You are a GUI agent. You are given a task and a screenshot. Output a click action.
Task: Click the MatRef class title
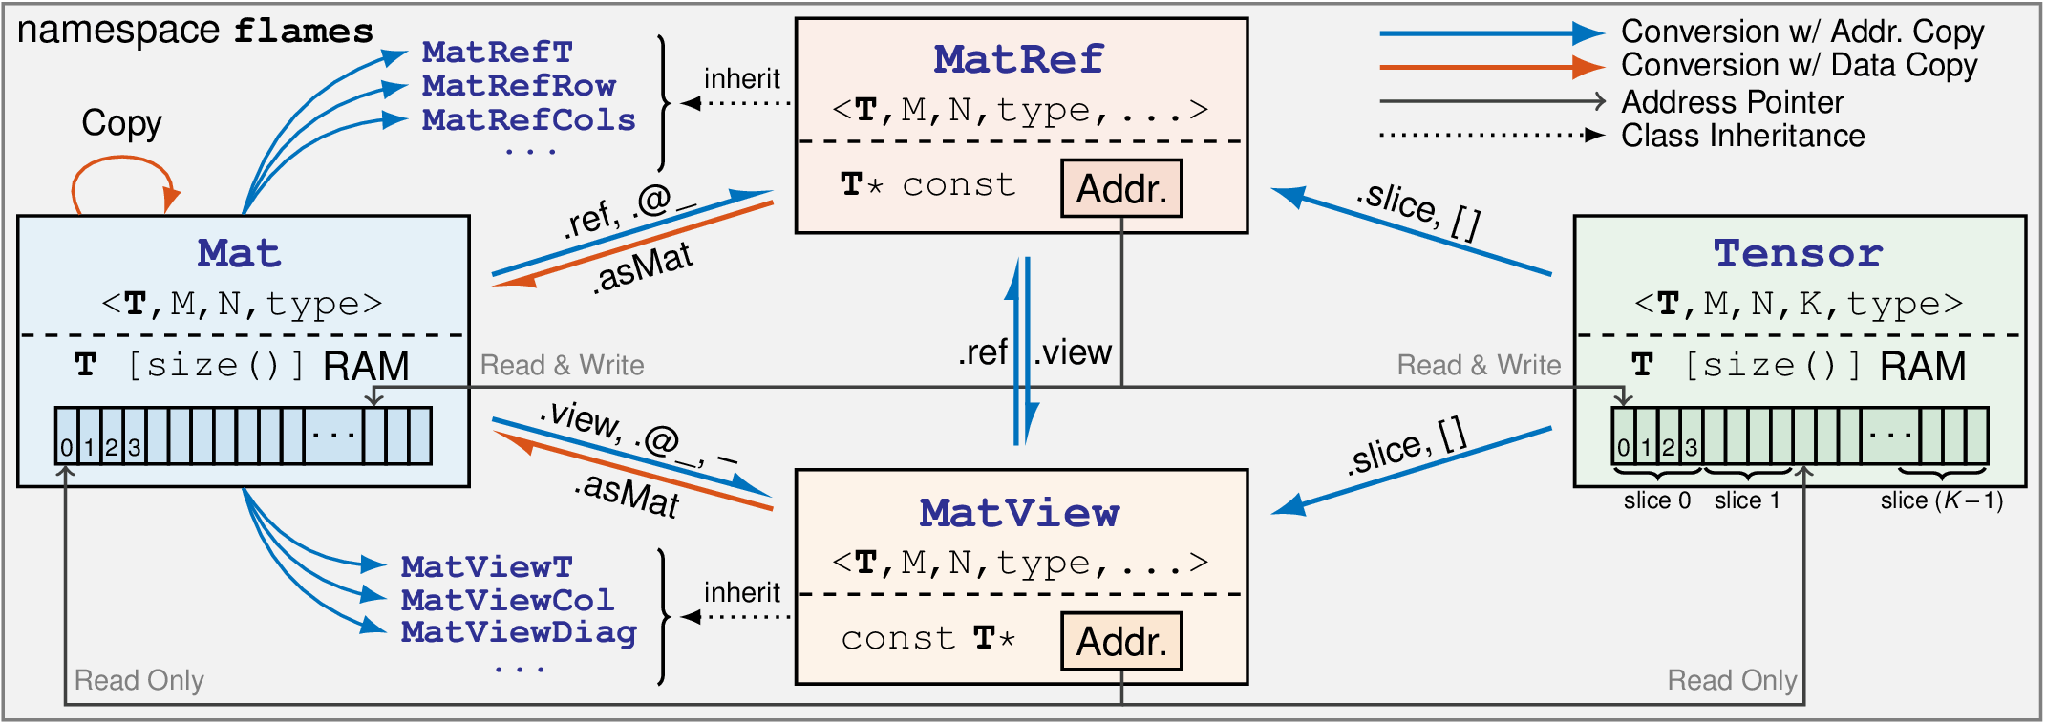point(1019,59)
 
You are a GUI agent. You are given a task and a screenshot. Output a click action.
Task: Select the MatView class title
point(1019,513)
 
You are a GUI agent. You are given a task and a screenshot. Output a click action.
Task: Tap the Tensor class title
point(1798,253)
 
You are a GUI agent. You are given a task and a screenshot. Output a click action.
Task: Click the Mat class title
point(240,253)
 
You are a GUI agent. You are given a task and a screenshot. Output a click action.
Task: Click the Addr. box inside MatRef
point(1121,188)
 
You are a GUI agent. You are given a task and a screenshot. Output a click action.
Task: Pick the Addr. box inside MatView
point(1121,641)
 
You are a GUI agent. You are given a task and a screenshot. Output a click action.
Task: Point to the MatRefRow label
point(519,86)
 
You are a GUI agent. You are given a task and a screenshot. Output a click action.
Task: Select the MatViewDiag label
point(519,632)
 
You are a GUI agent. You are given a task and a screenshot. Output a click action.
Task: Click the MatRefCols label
point(528,119)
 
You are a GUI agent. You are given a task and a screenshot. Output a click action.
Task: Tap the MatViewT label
point(486,566)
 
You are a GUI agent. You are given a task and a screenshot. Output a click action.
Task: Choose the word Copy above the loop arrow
point(121,123)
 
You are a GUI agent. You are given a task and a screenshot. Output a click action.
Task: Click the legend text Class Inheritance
point(1742,136)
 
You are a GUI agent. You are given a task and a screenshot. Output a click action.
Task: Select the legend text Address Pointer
point(1732,102)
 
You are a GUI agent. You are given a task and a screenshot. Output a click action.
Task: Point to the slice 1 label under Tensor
point(1747,500)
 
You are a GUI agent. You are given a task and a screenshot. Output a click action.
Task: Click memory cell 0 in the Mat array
point(67,447)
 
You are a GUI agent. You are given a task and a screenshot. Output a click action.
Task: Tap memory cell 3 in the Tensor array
point(1691,446)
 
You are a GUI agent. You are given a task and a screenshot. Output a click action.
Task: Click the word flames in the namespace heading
point(304,32)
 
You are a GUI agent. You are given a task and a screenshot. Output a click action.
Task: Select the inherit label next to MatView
point(742,592)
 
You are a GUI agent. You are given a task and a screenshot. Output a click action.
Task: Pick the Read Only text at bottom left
point(139,680)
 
